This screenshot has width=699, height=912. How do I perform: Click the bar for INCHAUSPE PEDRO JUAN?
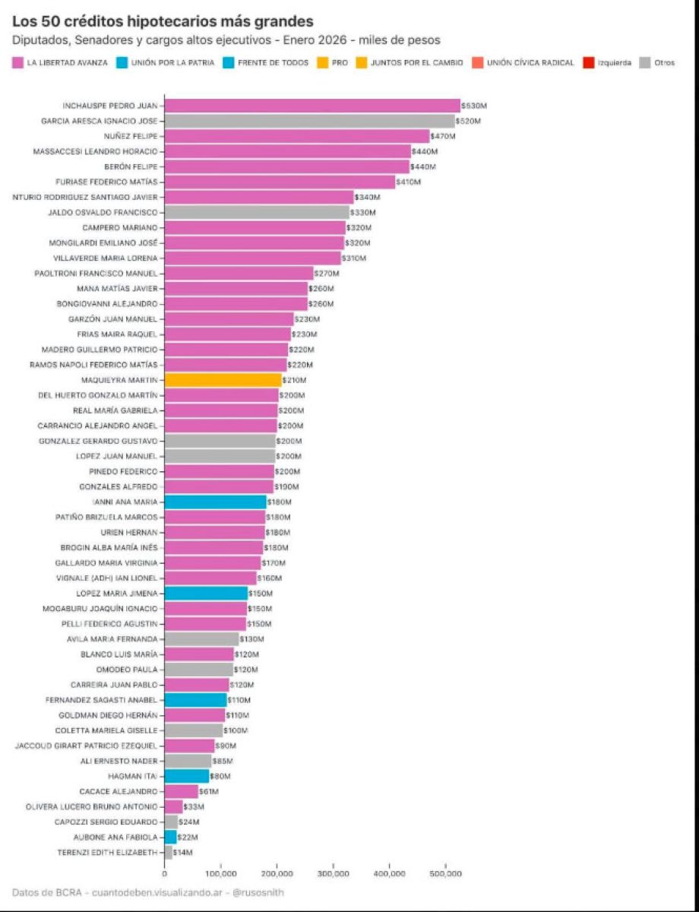click(x=312, y=106)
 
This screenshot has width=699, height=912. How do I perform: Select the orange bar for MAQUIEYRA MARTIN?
click(x=223, y=380)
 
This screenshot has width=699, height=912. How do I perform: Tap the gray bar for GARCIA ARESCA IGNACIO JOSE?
click(x=309, y=121)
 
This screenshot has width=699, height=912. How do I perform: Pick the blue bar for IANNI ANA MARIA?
click(x=215, y=502)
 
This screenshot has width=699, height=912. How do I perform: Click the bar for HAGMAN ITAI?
click(x=186, y=776)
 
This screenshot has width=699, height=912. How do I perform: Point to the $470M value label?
click(x=442, y=137)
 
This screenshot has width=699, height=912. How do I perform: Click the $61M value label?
click(x=208, y=791)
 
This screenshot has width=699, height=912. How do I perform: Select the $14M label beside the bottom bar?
click(x=183, y=853)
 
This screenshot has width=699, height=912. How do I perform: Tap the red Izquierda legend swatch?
click(x=588, y=62)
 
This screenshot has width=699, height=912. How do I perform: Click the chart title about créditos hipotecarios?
click(x=163, y=21)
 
